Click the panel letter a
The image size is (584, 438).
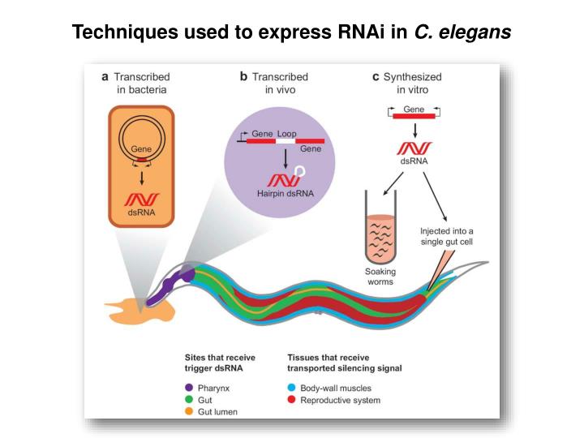click(x=105, y=77)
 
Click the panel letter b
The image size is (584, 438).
click(x=243, y=77)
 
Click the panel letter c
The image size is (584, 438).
click(x=376, y=77)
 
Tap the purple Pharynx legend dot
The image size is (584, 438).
click(x=188, y=387)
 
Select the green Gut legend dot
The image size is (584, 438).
click(x=188, y=400)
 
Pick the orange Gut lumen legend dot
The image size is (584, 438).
click(x=188, y=412)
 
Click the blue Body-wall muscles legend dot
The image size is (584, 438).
click(x=291, y=387)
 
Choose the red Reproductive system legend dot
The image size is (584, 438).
click(x=291, y=400)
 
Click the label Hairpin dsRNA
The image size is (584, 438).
click(x=286, y=194)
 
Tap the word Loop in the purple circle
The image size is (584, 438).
click(x=287, y=132)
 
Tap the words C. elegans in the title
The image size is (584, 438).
click(x=462, y=32)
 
